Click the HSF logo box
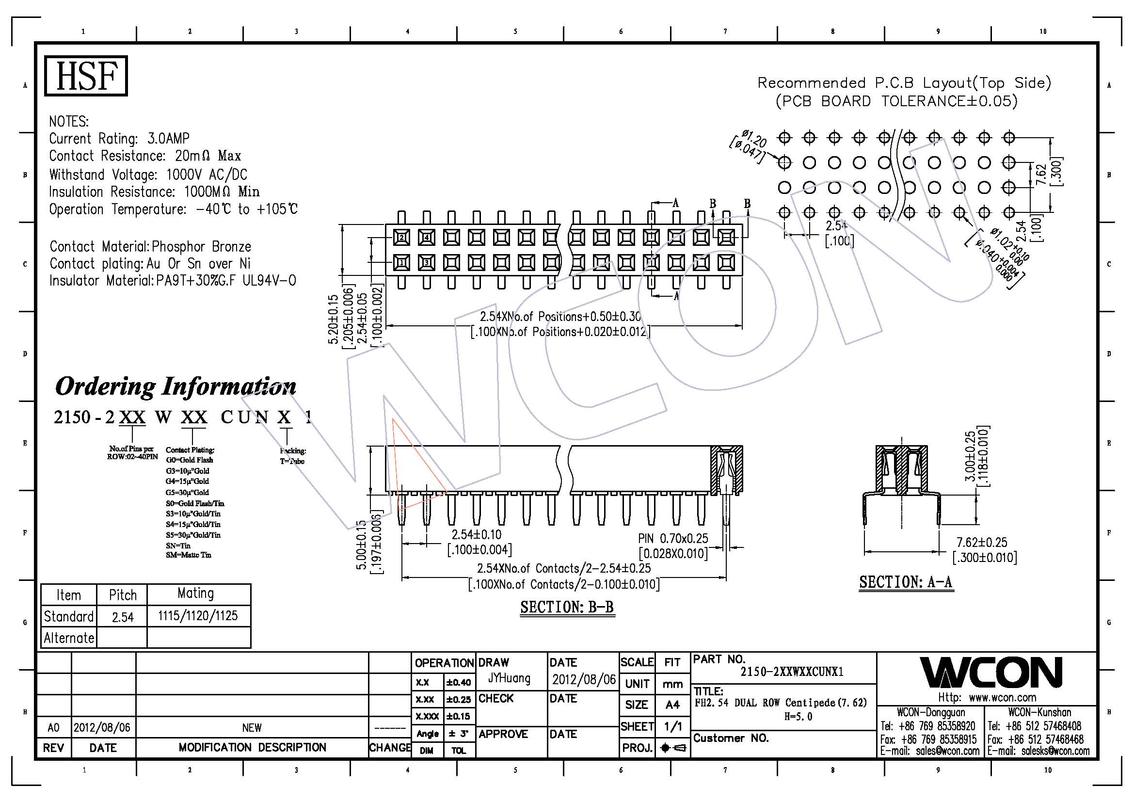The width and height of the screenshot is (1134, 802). point(86,76)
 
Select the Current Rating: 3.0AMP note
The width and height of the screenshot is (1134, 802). point(119,138)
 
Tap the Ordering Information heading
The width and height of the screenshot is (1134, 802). point(176,386)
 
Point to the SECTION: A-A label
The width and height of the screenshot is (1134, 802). point(905,582)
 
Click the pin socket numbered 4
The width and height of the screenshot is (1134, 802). point(427,238)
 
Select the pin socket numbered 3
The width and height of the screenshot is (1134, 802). point(427,263)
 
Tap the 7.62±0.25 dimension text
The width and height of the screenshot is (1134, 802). point(981,542)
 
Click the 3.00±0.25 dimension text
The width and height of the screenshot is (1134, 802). point(970,457)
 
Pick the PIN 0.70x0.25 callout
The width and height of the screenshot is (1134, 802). point(673,539)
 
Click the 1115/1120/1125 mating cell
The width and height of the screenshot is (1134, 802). point(197,616)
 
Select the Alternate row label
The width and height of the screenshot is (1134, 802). point(69,638)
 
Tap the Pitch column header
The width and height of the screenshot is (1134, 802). point(123,595)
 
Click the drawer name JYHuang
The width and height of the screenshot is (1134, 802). point(509,678)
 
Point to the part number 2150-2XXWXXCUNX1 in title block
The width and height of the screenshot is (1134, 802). point(792,672)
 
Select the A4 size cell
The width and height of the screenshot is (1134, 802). point(672,705)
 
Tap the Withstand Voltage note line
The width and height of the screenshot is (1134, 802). point(148,175)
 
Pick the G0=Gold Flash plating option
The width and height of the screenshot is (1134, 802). point(190,460)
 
